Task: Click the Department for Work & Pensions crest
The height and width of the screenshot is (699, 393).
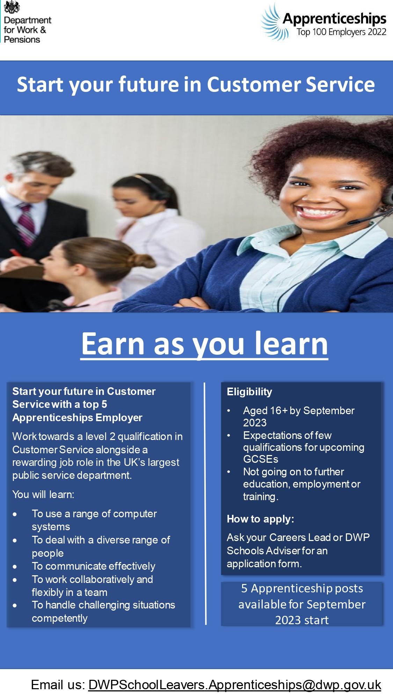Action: click(12, 7)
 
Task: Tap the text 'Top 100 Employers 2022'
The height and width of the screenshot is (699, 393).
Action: click(341, 33)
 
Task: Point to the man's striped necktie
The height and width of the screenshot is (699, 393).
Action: click(28, 224)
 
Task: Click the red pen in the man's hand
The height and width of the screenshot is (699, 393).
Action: click(16, 253)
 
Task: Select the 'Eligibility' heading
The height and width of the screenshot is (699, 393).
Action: click(249, 392)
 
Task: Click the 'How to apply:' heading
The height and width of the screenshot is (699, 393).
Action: click(260, 519)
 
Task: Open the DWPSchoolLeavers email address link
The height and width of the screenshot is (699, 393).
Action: click(235, 685)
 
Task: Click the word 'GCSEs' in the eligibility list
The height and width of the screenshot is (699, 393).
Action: click(261, 459)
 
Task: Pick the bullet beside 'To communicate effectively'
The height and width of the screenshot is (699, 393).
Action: click(15, 567)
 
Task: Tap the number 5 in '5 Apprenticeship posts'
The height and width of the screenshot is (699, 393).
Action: click(244, 588)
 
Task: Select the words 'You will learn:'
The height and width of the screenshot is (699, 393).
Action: click(43, 495)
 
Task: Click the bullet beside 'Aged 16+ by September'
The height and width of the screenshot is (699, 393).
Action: click(229, 411)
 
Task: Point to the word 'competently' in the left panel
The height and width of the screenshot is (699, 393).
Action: click(60, 618)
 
